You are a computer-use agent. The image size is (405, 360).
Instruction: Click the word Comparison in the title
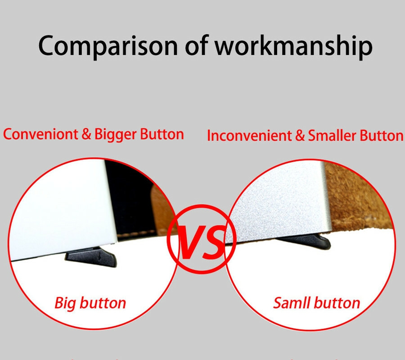[x=108, y=46]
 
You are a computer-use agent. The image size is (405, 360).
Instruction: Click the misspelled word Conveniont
[x=40, y=134]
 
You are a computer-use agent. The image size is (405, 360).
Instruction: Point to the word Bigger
[x=115, y=135]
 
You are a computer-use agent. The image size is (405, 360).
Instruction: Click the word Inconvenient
[x=249, y=136]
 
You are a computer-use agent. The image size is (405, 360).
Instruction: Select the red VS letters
[x=202, y=242]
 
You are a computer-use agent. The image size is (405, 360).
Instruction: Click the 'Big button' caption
[x=90, y=303]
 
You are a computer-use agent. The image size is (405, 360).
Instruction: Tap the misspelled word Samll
[x=291, y=303]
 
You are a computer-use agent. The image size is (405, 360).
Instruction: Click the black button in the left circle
[x=91, y=257]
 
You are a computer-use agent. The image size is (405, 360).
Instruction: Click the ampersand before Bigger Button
[x=86, y=135]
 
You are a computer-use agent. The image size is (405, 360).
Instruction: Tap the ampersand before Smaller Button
[x=300, y=136]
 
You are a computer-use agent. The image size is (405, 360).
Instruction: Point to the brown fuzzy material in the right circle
[x=359, y=199]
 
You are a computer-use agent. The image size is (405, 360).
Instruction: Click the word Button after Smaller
[x=382, y=136]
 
